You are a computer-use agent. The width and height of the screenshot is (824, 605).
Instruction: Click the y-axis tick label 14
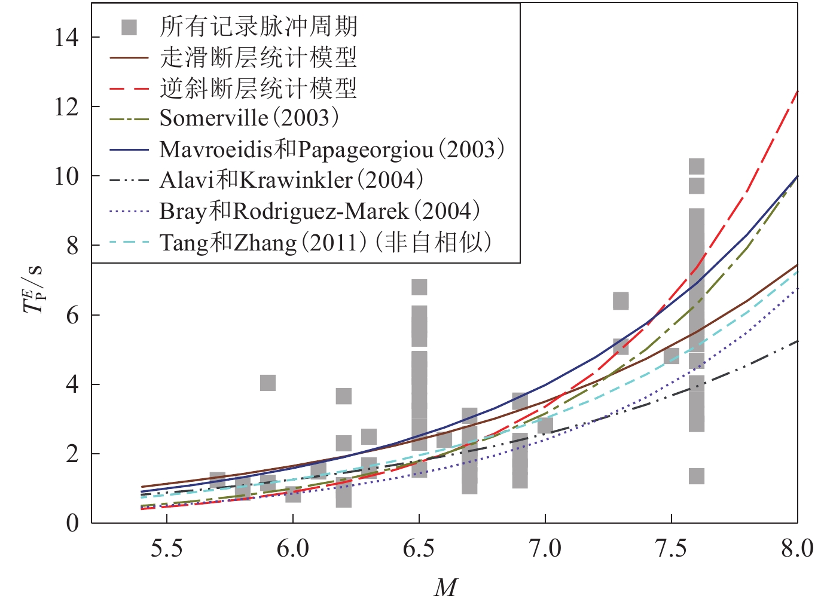pos(66,38)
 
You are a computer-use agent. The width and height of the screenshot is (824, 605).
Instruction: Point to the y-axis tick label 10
pos(66,176)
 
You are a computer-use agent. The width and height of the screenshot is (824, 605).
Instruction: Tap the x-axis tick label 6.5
pos(419,548)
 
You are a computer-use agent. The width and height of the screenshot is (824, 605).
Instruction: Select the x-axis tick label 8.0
pos(797,548)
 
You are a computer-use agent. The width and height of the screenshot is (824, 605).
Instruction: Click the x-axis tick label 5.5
pos(166,548)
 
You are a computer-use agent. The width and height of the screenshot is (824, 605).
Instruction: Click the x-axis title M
pos(445,588)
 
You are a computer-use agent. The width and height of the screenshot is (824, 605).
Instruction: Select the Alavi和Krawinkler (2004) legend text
pos(292,180)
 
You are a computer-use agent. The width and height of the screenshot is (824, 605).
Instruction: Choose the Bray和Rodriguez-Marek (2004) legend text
pos(320,211)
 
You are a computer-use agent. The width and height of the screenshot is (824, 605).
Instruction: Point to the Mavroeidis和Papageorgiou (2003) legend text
pos(332,149)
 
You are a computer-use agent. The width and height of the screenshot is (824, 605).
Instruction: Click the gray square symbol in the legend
pos(129,27)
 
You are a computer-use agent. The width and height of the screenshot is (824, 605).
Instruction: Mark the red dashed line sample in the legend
pos(129,89)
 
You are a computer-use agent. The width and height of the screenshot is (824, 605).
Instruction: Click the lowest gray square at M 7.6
pos(697,476)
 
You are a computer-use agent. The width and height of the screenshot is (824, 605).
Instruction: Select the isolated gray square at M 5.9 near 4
pos(268,383)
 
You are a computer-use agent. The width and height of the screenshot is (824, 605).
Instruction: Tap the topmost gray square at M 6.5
pos(419,287)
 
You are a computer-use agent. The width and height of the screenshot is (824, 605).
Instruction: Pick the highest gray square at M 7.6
pos(697,166)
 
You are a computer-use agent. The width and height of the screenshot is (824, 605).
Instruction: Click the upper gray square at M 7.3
pos(621,301)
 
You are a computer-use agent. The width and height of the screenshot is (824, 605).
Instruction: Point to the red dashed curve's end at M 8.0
pos(797,91)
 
